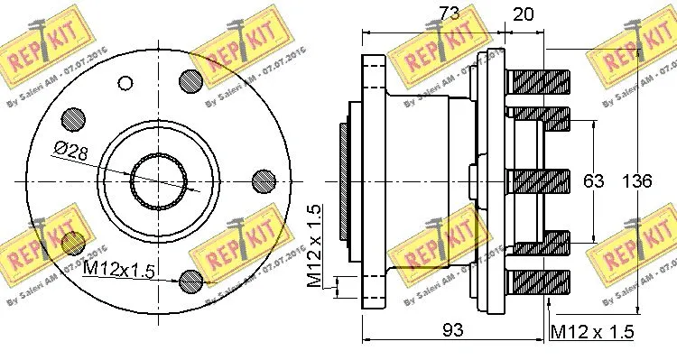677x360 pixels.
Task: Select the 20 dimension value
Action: tap(524, 14)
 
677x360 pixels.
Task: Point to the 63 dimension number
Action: tap(592, 181)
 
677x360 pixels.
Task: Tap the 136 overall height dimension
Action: tap(637, 181)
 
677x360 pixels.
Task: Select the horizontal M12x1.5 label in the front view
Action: tap(118, 269)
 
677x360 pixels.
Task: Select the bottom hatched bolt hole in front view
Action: tap(191, 282)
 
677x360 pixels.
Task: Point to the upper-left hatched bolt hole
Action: tap(72, 119)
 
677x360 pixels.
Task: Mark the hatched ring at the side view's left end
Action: tap(344, 181)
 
